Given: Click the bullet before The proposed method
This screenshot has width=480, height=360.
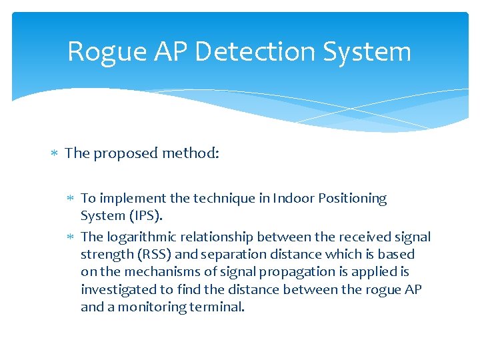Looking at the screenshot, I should click(x=56, y=154).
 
